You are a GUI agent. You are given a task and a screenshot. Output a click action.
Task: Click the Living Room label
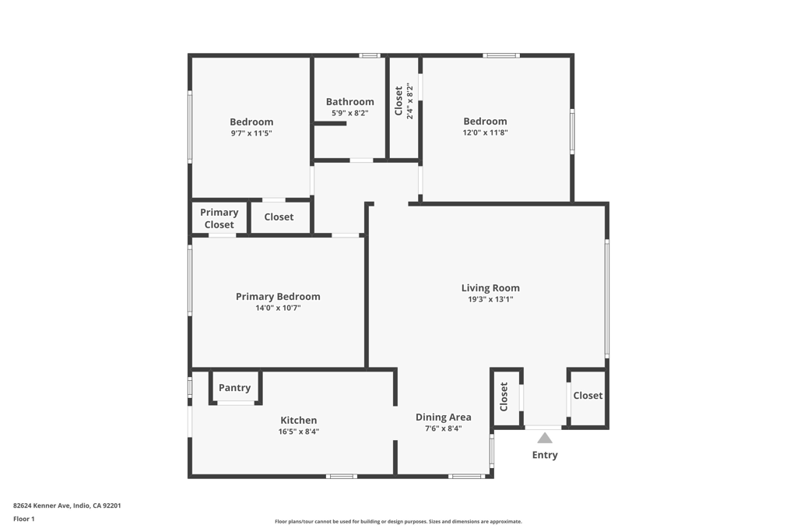click(490, 288)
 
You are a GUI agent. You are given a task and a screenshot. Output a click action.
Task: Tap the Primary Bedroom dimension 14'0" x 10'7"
click(278, 308)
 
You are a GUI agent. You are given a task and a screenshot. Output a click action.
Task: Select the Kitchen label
click(299, 421)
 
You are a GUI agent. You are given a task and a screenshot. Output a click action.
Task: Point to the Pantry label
click(234, 388)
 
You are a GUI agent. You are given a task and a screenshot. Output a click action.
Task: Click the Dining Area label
click(443, 417)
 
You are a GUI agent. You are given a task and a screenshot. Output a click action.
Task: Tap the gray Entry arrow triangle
click(545, 438)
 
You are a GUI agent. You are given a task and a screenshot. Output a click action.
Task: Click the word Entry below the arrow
click(545, 455)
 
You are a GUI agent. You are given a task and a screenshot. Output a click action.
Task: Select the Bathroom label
click(349, 102)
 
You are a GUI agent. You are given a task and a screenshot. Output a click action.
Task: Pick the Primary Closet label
click(219, 218)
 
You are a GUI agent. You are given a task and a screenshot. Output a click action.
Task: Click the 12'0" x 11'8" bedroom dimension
click(485, 132)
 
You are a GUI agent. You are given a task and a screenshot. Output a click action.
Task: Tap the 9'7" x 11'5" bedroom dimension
click(251, 133)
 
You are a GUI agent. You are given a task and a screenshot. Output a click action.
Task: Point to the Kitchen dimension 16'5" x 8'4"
click(299, 432)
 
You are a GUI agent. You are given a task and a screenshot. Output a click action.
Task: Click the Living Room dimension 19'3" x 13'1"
click(490, 299)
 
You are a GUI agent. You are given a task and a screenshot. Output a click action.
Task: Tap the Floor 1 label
click(24, 519)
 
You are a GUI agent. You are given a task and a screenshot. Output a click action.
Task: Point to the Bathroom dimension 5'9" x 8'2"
click(349, 113)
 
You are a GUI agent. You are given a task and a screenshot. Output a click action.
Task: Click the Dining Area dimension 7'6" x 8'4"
click(443, 428)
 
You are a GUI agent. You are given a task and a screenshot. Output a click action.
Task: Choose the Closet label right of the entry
click(588, 396)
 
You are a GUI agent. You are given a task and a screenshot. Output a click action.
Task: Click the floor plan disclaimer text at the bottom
click(398, 522)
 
